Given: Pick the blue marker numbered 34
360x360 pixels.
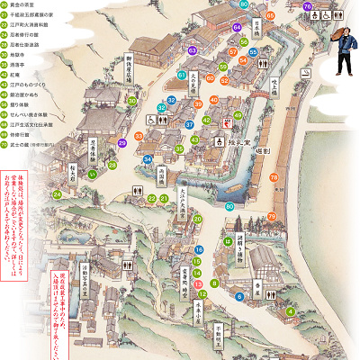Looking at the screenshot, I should point(148,159).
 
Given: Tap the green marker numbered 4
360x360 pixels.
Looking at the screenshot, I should point(265,312).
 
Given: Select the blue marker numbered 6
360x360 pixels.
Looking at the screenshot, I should point(239,295).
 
